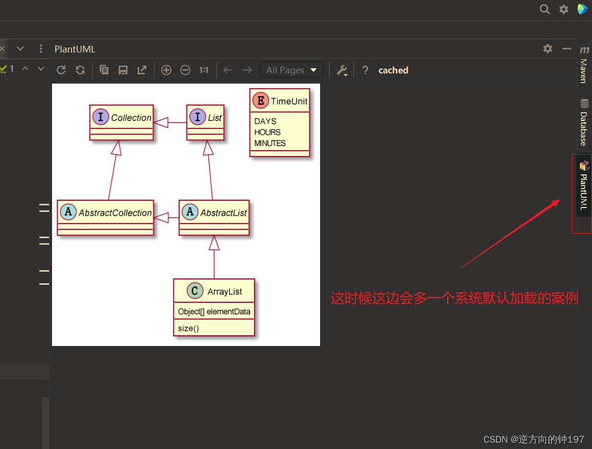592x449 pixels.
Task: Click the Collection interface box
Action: [122, 122]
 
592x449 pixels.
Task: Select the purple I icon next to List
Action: [197, 117]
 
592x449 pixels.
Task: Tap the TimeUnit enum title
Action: [289, 101]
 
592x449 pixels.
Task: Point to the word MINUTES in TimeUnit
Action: [270, 143]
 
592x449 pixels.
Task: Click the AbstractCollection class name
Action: [115, 213]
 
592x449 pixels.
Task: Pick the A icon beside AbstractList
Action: [190, 212]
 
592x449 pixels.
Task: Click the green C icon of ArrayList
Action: [195, 291]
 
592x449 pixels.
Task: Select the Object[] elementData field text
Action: [214, 311]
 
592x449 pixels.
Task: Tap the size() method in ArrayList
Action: [188, 328]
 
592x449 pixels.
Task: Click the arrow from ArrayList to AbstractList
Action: [214, 258]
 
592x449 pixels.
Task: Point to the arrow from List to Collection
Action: [170, 122]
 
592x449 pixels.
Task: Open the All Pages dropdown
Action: [291, 70]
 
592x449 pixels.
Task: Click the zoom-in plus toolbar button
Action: [166, 70]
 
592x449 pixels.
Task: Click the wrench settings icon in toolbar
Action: [342, 70]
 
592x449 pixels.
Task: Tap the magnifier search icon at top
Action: [545, 9]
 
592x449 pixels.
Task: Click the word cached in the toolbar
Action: [393, 70]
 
